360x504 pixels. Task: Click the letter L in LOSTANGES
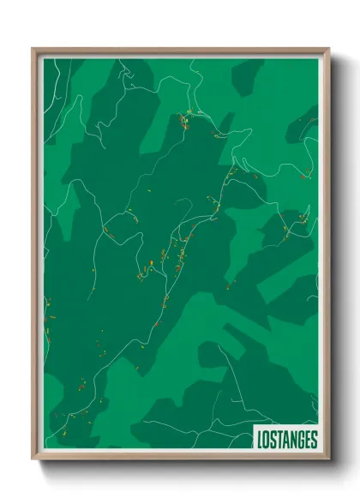(260, 441)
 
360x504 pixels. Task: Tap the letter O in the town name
(267, 441)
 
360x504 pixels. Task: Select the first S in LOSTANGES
(273, 441)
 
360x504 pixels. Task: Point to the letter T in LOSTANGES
(280, 441)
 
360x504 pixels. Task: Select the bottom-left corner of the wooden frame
(34, 459)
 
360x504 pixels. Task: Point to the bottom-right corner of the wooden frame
(327, 459)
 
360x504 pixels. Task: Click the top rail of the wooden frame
(180, 51)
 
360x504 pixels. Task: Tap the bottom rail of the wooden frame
(180, 459)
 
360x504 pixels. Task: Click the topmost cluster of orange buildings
(184, 119)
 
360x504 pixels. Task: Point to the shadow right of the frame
(336, 257)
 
